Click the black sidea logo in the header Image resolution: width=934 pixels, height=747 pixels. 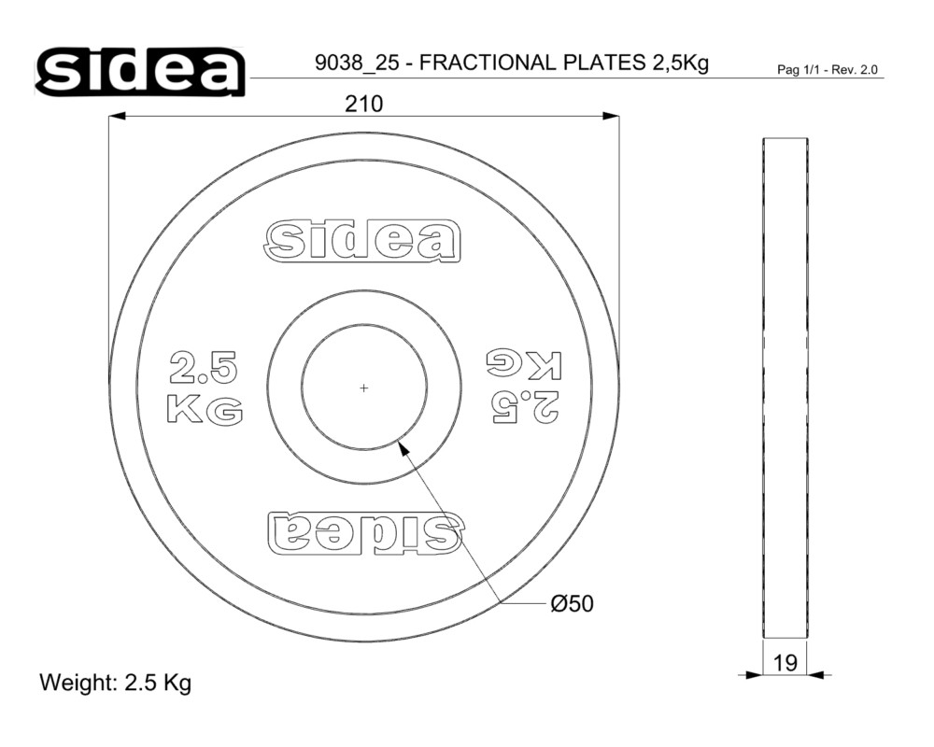click(x=141, y=72)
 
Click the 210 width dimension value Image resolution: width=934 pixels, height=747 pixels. click(x=364, y=105)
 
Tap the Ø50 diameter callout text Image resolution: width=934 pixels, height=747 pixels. click(x=573, y=604)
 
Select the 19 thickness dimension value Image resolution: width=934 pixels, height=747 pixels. click(x=785, y=662)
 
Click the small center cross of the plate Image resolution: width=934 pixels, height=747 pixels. click(x=364, y=388)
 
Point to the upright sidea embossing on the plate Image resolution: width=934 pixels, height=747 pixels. click(x=362, y=241)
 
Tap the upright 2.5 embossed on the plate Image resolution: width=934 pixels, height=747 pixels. click(x=204, y=367)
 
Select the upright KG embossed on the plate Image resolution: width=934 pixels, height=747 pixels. click(x=205, y=409)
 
